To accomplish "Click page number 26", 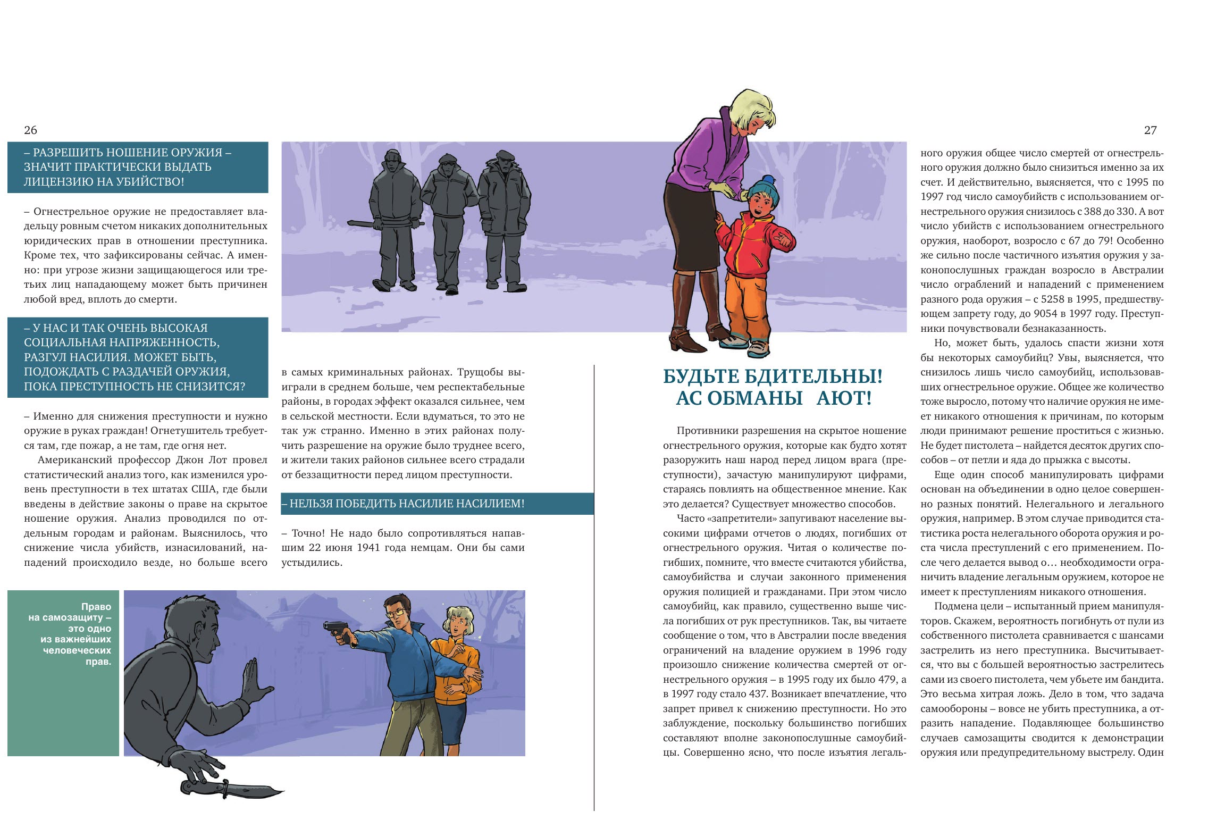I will point(30,130).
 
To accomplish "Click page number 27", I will point(1150,130).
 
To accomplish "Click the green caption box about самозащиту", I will point(63,673).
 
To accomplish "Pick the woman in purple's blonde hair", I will point(751,112).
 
